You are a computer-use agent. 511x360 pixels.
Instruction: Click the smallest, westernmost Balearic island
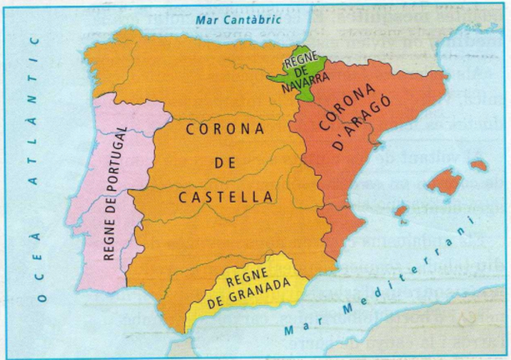coord(401,212)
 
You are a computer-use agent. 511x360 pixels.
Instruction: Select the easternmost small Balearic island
coord(479,165)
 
